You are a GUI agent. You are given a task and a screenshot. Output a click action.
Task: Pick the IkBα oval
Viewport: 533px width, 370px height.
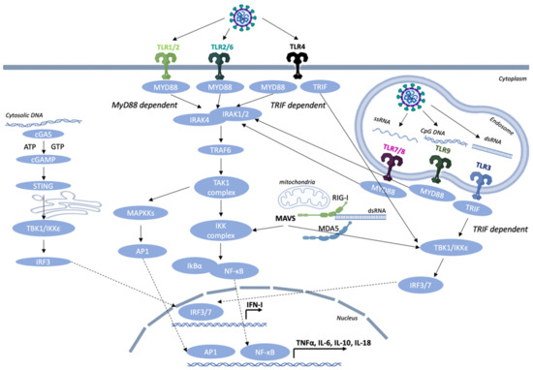[187, 265]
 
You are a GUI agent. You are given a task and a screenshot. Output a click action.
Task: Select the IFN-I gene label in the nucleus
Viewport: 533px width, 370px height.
[257, 305]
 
